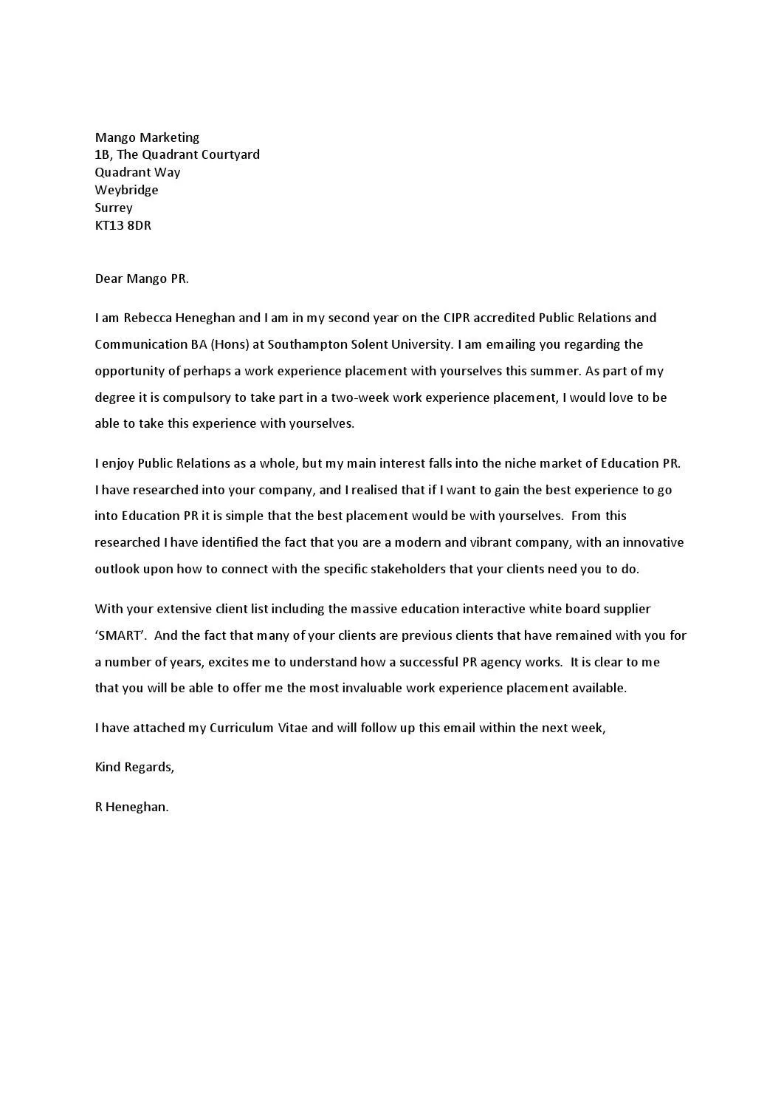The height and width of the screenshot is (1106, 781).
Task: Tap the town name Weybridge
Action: (x=126, y=190)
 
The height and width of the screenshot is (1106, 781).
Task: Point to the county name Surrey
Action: (x=114, y=208)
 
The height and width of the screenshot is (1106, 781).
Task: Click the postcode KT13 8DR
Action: (x=123, y=225)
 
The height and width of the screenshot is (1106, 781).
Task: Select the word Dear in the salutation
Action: (x=109, y=279)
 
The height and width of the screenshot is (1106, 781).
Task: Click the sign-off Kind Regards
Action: (x=134, y=767)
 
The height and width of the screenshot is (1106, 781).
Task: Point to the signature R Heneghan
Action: (x=131, y=807)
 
